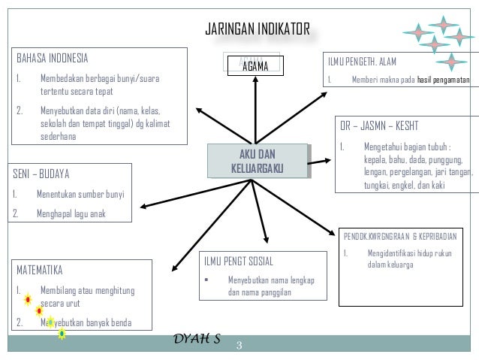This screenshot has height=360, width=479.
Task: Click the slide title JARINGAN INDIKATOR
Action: coord(258,29)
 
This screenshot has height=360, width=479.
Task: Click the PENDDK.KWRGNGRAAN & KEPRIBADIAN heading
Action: coord(405,234)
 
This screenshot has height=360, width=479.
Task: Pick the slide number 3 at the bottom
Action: coord(239,345)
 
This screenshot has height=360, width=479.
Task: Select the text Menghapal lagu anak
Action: coord(71,214)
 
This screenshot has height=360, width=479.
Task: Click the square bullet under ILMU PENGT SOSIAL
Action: coord(205,280)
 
